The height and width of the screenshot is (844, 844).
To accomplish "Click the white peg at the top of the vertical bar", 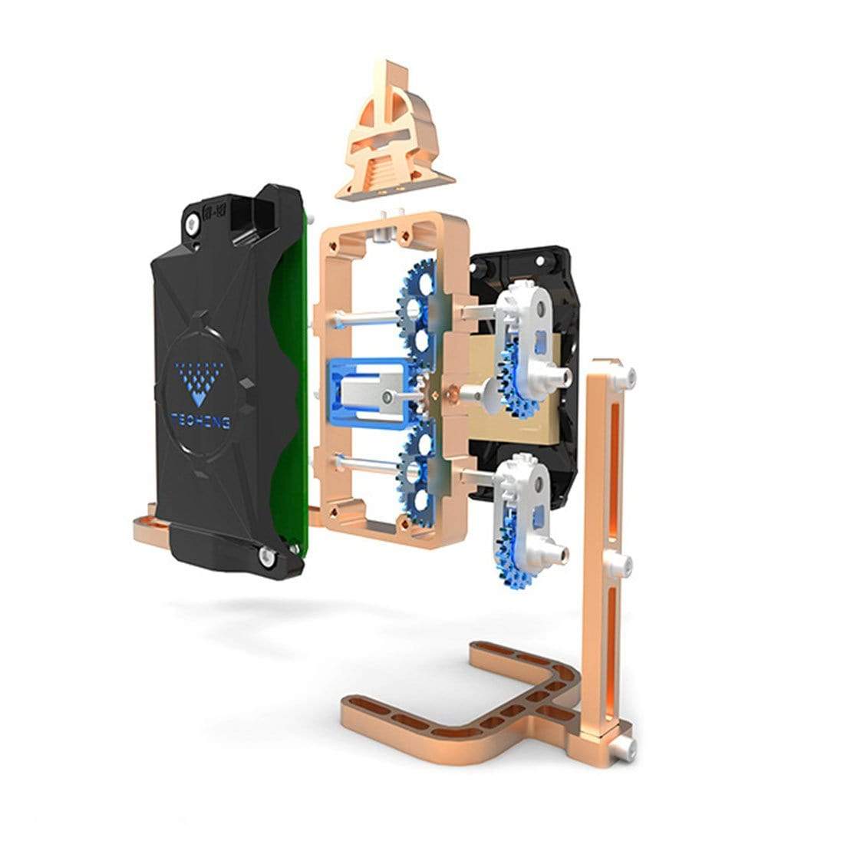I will [627, 374].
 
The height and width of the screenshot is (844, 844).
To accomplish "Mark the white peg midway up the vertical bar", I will [627, 564].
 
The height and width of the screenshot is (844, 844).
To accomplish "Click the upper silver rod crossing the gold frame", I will [361, 315].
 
